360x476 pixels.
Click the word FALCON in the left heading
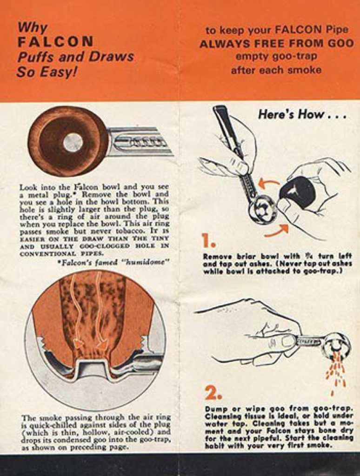(55, 41)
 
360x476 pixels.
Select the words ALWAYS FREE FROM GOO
(276, 43)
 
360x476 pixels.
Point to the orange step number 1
(209, 241)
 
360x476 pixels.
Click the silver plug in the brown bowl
(73, 142)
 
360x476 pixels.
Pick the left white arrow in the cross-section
(79, 313)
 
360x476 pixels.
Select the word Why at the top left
(32, 28)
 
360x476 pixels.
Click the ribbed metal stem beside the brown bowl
(140, 142)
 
